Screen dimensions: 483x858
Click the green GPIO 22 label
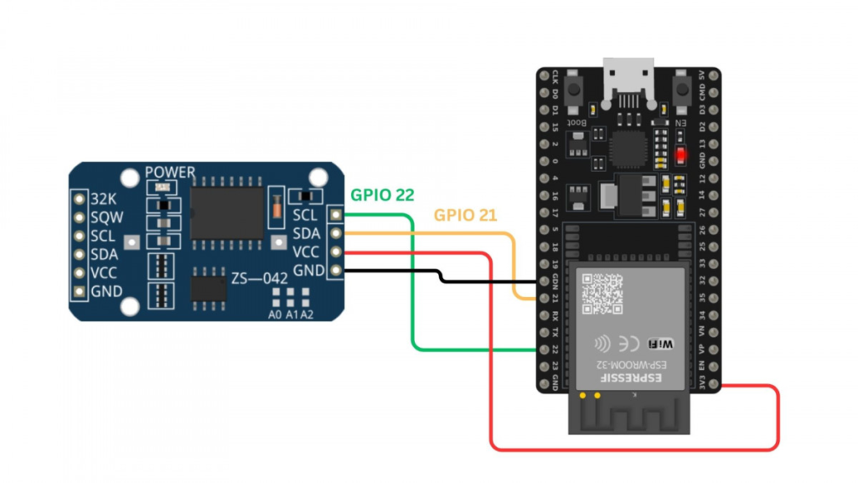tap(382, 195)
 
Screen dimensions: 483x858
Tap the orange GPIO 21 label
tap(465, 215)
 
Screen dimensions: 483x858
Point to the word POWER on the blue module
tap(169, 173)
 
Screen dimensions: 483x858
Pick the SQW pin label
tap(106, 218)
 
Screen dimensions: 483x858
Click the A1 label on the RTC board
tap(290, 314)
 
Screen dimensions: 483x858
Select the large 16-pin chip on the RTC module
tap(227, 212)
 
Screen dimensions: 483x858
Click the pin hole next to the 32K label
tap(79, 200)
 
